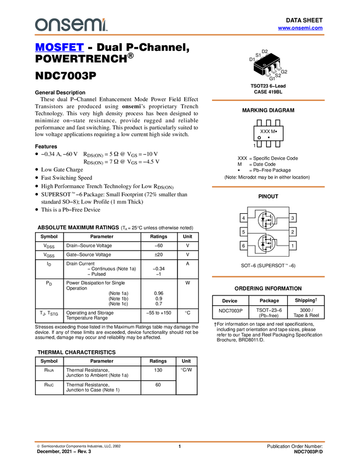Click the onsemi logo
(71, 25)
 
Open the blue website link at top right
(300, 27)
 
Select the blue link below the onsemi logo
(59, 48)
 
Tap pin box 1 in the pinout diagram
(293, 246)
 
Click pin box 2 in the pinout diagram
(293, 232)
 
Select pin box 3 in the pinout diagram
(293, 218)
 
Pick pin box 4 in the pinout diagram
(243, 218)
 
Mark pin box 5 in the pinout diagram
(243, 232)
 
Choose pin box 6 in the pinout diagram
(243, 246)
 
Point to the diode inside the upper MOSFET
(263, 221)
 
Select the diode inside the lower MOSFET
(263, 243)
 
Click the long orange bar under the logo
(179, 35)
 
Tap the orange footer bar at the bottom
(179, 441)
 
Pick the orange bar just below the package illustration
(268, 100)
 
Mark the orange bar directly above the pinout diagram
(268, 187)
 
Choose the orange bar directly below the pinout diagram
(268, 277)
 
